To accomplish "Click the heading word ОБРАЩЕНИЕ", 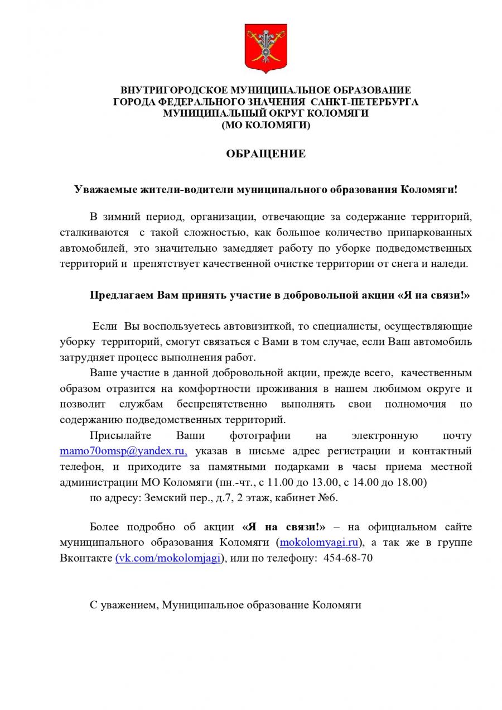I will click(266, 153).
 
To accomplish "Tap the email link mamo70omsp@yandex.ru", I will click(123, 450).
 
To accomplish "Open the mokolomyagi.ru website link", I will click(318, 542).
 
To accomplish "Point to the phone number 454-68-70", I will click(349, 558).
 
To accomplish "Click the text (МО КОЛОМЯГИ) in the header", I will click(266, 126).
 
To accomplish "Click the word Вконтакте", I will click(86, 558).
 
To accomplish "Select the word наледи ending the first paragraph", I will click(451, 263).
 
